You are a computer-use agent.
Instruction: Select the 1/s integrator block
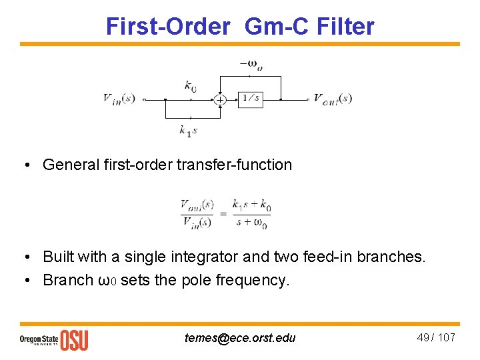pos(250,99)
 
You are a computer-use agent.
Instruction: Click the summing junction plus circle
pos(219,99)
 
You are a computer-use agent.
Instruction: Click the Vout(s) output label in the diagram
pos(333,99)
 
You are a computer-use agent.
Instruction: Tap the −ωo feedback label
pos(251,64)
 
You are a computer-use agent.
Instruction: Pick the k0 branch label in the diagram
pos(190,85)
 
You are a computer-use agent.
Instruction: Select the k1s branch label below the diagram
pos(188,130)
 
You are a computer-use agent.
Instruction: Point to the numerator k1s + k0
pos(251,205)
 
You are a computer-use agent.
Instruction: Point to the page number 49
pos(423,337)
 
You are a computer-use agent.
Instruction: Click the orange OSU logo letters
pos(74,339)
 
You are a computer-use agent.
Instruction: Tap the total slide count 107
pos(447,337)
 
